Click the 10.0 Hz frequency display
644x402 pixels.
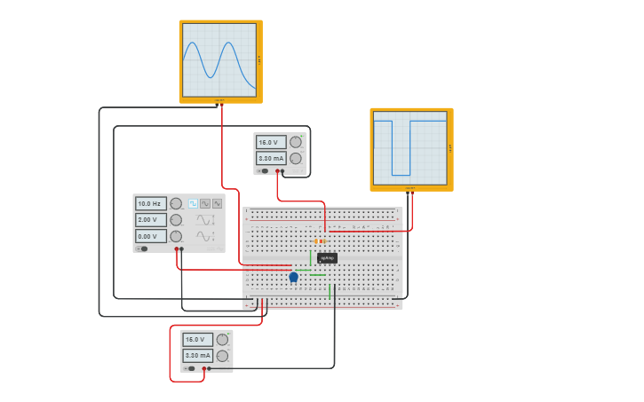tap(150, 203)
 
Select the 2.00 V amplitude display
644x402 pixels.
tap(150, 220)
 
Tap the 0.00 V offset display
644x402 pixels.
tap(150, 236)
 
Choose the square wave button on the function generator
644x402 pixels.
tap(193, 203)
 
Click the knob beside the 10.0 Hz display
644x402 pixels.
tap(176, 203)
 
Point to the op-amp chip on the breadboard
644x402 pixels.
tap(327, 258)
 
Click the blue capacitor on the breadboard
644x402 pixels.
tap(293, 277)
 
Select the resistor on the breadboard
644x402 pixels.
tap(320, 240)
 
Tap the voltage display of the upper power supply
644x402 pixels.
tap(270, 142)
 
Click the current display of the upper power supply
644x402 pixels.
tap(270, 158)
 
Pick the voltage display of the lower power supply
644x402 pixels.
tap(197, 339)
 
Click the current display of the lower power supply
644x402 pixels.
tap(197, 355)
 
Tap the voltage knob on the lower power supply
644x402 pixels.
tap(222, 339)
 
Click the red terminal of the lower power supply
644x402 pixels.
tap(203, 368)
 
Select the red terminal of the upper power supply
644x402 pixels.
tap(277, 171)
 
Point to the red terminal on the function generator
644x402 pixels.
tap(177, 249)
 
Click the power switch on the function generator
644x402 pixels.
tap(144, 249)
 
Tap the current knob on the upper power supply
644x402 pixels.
tap(296, 158)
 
